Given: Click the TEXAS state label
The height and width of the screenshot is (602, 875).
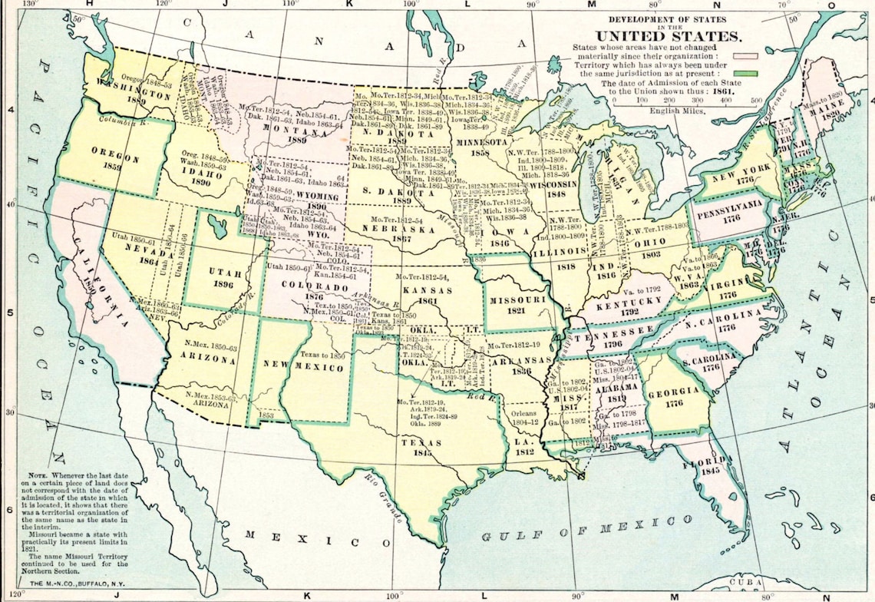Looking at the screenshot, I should tap(421, 443).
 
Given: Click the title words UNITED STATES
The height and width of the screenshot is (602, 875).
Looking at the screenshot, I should tap(669, 36).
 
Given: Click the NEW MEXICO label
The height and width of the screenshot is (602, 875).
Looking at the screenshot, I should tap(315, 368).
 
